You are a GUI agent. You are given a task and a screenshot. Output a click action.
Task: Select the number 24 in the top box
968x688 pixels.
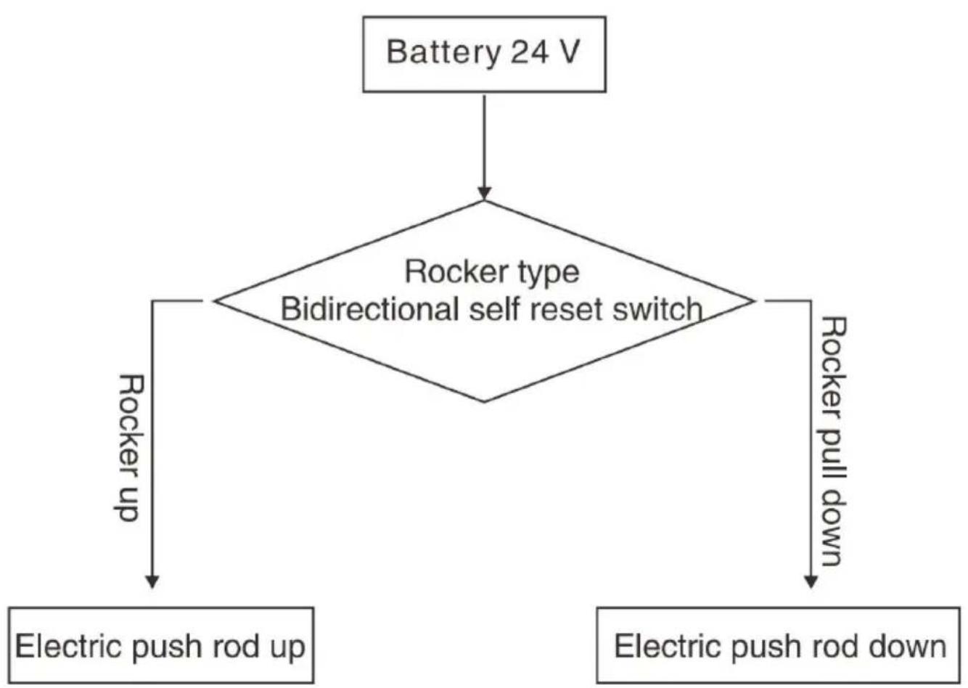[530, 52]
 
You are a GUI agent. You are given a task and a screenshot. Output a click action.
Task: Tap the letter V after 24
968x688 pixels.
[568, 52]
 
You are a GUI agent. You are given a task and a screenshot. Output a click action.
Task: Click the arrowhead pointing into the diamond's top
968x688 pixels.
[484, 194]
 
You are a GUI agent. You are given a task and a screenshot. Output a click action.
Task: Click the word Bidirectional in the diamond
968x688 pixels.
[370, 309]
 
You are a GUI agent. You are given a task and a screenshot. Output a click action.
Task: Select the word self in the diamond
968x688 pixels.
[494, 309]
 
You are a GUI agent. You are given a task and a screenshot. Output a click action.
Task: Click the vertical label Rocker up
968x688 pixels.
[128, 448]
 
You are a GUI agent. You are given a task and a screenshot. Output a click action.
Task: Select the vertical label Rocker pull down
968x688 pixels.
[832, 441]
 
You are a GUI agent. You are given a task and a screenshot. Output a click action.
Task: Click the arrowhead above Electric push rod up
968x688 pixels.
[152, 582]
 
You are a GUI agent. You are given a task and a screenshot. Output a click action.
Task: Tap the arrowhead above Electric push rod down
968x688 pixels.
[811, 582]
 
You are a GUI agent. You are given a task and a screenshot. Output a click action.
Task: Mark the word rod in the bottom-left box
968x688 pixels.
[236, 646]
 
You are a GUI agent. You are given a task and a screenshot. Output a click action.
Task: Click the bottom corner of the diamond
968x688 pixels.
[484, 402]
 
